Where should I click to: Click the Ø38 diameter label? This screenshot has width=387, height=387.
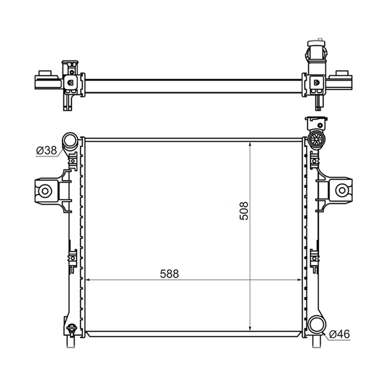(x=46, y=150)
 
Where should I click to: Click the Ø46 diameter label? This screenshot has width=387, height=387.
(x=340, y=334)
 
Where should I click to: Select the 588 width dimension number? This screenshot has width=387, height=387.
(x=169, y=274)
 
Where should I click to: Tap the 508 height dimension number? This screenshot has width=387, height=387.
(x=244, y=211)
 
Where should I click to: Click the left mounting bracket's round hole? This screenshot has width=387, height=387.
(x=45, y=191)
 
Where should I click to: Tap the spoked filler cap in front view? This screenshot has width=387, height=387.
(x=316, y=139)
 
